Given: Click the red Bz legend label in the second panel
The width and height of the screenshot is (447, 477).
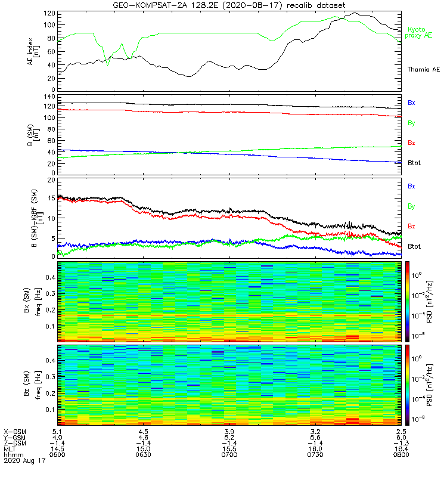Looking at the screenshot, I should pos(411,143).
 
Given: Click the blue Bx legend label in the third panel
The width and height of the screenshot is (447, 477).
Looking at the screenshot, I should pos(411,187).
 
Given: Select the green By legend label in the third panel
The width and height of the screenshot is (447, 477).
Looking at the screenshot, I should pos(411,206).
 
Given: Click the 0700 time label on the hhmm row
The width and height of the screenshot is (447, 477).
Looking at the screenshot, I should pos(229,456).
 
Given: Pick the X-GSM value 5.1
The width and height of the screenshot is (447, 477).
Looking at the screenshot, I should pos(57,432).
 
